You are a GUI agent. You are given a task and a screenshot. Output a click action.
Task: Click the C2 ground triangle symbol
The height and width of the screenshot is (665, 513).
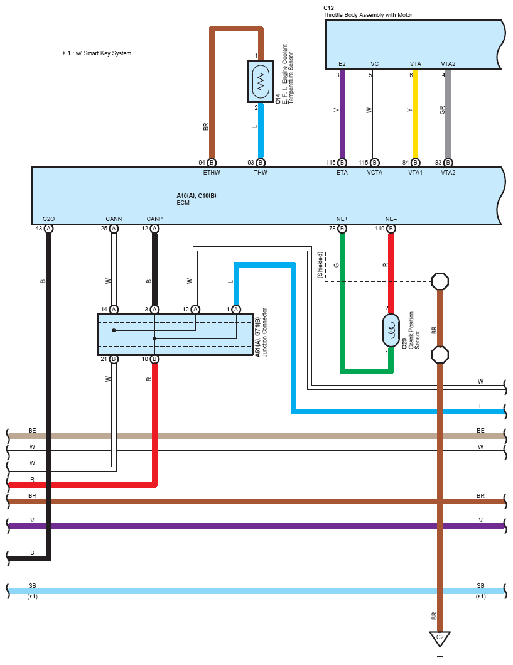(440, 638)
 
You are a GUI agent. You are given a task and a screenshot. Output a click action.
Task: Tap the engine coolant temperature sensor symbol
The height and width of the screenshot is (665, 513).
(261, 82)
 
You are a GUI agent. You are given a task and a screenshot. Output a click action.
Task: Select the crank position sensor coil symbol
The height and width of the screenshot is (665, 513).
(391, 330)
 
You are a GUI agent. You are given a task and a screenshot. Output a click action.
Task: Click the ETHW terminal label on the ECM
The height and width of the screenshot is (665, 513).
(212, 173)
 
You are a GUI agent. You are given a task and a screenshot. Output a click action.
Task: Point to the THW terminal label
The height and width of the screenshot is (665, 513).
(261, 173)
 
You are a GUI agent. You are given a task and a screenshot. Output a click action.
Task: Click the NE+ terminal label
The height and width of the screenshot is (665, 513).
(342, 219)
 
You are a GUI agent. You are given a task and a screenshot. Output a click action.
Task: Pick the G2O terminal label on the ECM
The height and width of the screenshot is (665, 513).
(49, 219)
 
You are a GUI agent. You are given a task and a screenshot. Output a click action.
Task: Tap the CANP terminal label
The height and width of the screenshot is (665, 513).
(154, 219)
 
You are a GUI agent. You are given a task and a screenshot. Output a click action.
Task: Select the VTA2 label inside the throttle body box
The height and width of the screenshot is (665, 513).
(448, 63)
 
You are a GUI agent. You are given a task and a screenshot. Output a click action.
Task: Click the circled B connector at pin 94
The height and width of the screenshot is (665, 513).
(212, 163)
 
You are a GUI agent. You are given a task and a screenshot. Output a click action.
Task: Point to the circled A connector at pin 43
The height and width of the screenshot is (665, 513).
(49, 229)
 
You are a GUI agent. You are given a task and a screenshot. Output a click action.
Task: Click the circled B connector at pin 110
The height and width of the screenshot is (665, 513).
(391, 229)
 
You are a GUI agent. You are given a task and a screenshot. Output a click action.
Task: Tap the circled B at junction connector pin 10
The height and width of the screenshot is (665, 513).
(154, 359)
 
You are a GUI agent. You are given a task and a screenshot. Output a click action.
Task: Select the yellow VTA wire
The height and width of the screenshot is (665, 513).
(416, 114)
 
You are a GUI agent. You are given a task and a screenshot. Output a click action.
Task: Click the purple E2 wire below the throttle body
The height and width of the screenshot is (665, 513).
(342, 114)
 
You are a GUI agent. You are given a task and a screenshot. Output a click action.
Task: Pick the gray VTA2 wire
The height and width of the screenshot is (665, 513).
(448, 114)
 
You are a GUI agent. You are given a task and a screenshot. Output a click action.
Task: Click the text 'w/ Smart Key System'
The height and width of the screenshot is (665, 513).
(104, 53)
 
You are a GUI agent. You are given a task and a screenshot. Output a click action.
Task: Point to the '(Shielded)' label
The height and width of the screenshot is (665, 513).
(320, 264)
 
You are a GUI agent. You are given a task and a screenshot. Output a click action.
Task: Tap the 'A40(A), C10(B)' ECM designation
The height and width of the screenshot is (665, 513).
(197, 195)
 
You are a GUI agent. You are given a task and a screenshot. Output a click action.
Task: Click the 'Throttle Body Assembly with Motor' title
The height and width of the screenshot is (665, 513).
(368, 15)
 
